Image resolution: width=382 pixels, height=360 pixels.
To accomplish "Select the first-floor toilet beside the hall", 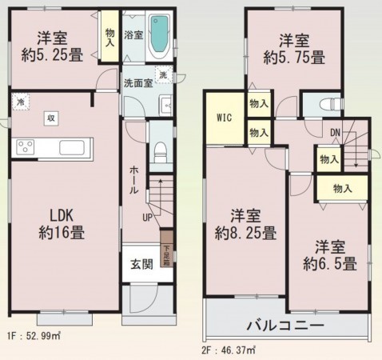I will click(160, 149).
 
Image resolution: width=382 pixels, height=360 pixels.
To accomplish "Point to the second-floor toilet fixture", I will click(328, 104).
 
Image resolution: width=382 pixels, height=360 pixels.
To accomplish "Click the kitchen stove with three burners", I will click(26, 147).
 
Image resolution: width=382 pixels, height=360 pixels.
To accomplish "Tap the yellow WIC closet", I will click(225, 117).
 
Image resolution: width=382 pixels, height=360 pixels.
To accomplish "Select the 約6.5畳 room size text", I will click(328, 264).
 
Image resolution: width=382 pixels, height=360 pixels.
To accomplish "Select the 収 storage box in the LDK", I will click(50, 118).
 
